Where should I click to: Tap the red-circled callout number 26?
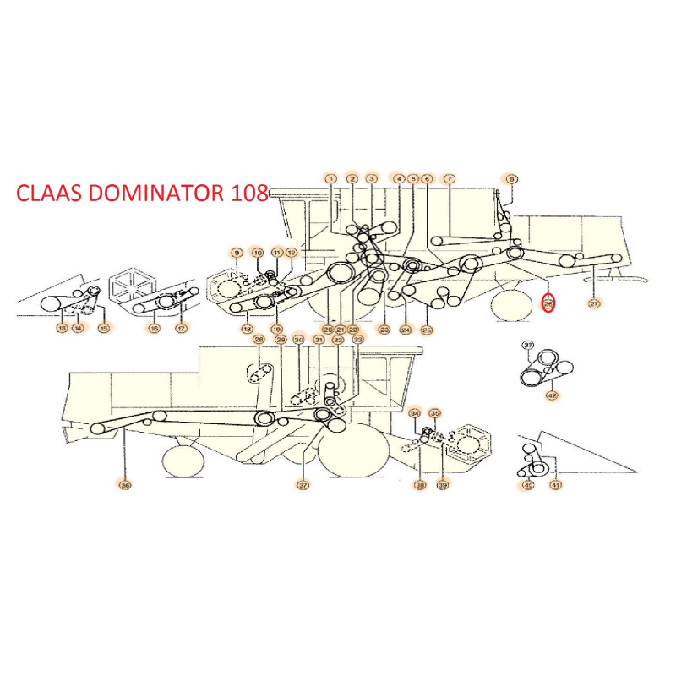[548, 303]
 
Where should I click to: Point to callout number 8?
[512, 179]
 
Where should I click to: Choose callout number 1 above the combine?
[330, 179]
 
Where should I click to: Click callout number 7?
[450, 179]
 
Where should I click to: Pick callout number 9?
[237, 253]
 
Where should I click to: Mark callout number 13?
[62, 328]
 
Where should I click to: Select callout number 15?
[103, 328]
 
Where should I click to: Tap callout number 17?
[181, 328]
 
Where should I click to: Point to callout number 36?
[125, 484]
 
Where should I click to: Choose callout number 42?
[552, 395]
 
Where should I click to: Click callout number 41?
[555, 484]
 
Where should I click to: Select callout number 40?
[528, 484]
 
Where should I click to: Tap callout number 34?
[414, 413]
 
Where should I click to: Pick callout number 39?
[442, 484]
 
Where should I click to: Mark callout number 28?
[259, 340]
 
